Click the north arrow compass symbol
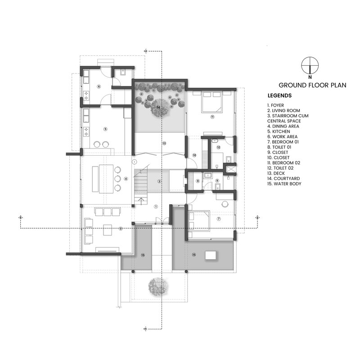click(310, 66)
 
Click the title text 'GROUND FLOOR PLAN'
click(312, 85)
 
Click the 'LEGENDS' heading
click(279, 96)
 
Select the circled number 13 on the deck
click(164, 143)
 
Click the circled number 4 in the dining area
click(126, 179)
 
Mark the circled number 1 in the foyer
click(155, 207)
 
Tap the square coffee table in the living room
click(108, 230)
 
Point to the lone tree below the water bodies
click(157, 286)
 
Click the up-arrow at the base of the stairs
click(142, 201)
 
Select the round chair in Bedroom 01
click(223, 203)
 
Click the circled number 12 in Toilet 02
click(218, 147)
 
